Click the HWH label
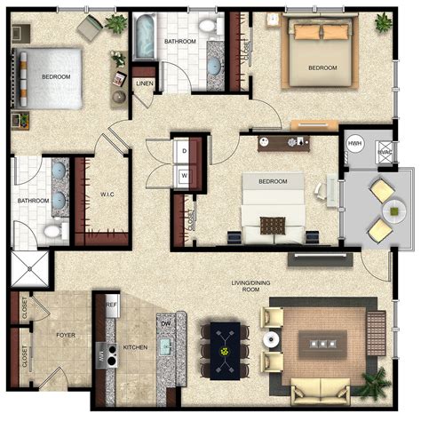[x=354, y=144]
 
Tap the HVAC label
[x=385, y=152]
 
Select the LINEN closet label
[x=143, y=83]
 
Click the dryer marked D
[x=184, y=152]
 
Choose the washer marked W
[x=184, y=175]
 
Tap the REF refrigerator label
[x=111, y=305]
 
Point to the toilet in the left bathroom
[x=52, y=232]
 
